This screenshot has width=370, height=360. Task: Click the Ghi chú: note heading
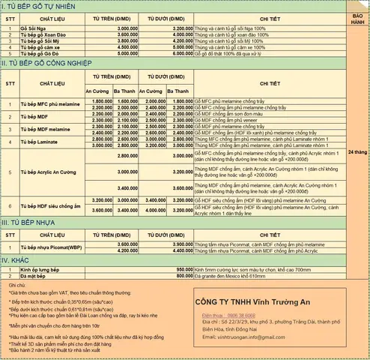pos(16,286)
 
